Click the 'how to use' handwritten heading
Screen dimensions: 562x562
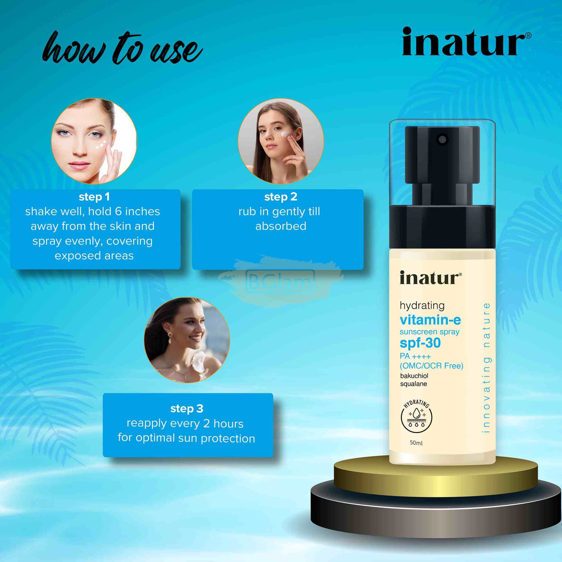tap(122, 48)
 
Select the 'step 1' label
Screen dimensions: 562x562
tap(94, 197)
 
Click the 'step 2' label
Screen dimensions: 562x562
tap(281, 197)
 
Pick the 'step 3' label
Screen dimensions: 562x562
tap(187, 409)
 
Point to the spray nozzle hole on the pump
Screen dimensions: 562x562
tap(442, 139)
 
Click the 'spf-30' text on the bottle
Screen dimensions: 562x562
tap(420, 344)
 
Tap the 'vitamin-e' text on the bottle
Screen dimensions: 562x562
tap(430, 320)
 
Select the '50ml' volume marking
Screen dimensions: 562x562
tap(416, 443)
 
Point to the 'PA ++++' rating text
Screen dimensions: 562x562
tap(415, 356)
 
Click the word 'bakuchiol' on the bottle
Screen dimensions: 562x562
tap(414, 376)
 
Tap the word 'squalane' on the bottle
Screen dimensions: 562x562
tap(414, 384)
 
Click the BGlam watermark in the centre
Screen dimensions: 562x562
tap(280, 281)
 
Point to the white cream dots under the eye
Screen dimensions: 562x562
tap(101, 145)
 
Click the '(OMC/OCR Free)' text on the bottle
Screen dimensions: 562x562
tap(432, 366)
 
